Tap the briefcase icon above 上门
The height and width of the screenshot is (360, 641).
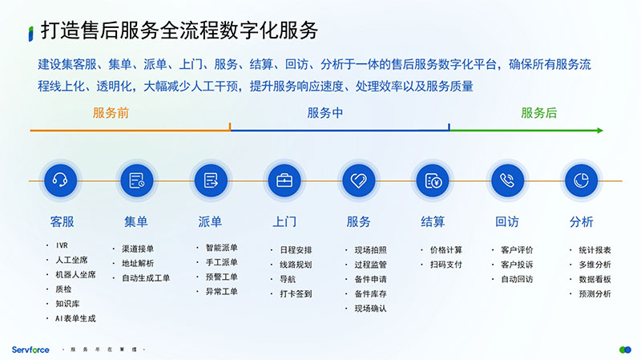coord(284,180)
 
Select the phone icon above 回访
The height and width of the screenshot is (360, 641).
coord(506,180)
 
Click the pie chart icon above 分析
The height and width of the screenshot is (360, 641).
coord(581,180)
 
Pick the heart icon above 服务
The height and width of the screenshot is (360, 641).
coord(358,180)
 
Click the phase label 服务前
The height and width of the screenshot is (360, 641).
coord(111,113)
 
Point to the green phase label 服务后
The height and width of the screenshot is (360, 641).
coord(538,113)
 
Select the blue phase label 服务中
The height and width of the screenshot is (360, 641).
coord(325,113)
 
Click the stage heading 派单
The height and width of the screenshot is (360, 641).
coord(210,221)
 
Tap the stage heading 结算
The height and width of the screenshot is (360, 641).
coord(433,221)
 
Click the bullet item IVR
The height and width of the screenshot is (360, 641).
coord(63,245)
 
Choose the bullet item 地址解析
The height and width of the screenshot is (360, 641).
coord(138,263)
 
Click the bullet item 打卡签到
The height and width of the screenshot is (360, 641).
coord(296,293)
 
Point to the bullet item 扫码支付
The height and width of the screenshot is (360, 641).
coord(446,264)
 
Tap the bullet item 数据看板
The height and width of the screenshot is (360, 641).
coord(595,279)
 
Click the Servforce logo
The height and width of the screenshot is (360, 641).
coord(30,350)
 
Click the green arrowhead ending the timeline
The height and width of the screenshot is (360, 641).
coord(599,130)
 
